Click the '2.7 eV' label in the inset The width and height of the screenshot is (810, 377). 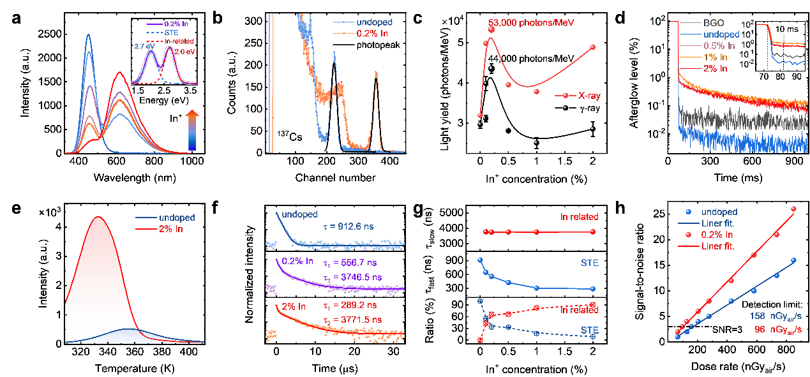[142, 47]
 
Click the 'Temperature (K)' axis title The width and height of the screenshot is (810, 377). [139, 366]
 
